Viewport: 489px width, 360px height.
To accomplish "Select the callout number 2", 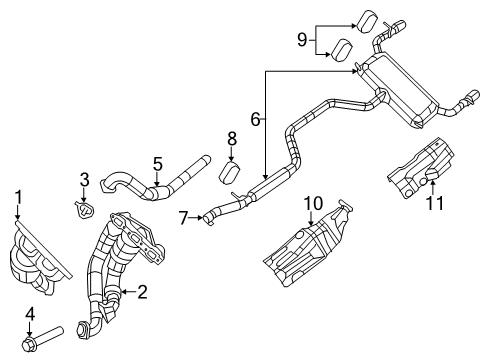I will pos(142,292).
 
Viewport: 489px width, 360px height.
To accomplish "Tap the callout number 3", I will pos(85,180).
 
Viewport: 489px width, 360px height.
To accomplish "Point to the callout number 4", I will pos(30,315).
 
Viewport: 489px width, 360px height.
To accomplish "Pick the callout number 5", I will pos(157,162).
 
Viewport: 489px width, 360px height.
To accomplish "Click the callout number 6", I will pos(256,118).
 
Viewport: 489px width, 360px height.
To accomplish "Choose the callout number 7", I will pos(183,215).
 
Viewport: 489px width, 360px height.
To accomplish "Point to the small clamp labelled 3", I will pos(85,209).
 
